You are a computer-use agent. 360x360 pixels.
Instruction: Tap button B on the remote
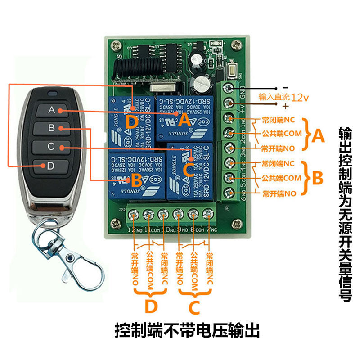[51, 129]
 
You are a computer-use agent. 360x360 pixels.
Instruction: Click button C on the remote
[51, 147]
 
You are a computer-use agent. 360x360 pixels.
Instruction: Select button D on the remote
[50, 166]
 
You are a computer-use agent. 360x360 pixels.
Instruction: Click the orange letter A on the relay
[184, 119]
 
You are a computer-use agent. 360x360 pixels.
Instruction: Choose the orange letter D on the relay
[131, 121]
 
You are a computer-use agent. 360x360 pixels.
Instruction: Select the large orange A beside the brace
[318, 136]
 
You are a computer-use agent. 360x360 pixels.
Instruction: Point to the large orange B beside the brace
[318, 178]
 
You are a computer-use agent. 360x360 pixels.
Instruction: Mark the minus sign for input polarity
[284, 87]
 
